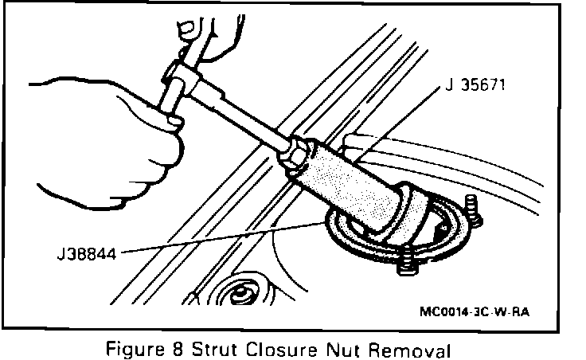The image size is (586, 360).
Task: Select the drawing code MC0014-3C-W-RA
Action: tap(474, 311)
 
